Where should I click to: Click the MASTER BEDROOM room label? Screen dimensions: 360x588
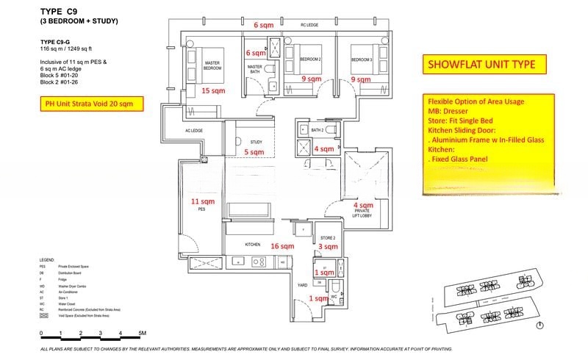(212, 65)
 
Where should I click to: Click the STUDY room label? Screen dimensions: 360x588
(256, 142)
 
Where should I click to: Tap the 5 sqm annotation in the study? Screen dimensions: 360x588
(254, 152)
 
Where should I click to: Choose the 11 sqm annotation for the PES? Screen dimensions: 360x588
(203, 201)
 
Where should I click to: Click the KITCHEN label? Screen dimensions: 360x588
(254, 245)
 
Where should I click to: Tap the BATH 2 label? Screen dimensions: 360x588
(318, 130)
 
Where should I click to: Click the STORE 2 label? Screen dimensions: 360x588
(328, 238)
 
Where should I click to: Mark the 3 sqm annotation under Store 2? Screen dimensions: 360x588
(327, 248)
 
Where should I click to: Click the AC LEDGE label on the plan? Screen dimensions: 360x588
(193, 131)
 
